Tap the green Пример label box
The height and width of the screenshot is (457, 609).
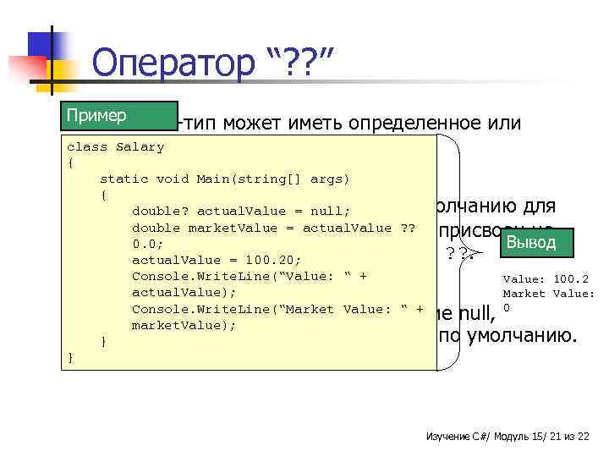96,115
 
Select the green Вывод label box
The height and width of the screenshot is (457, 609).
530,242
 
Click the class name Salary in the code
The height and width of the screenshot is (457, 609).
140,146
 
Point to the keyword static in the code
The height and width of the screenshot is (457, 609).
124,179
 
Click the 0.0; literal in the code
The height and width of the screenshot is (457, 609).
149,244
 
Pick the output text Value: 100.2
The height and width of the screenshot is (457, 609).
546,278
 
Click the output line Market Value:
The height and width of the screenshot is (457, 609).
548,293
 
